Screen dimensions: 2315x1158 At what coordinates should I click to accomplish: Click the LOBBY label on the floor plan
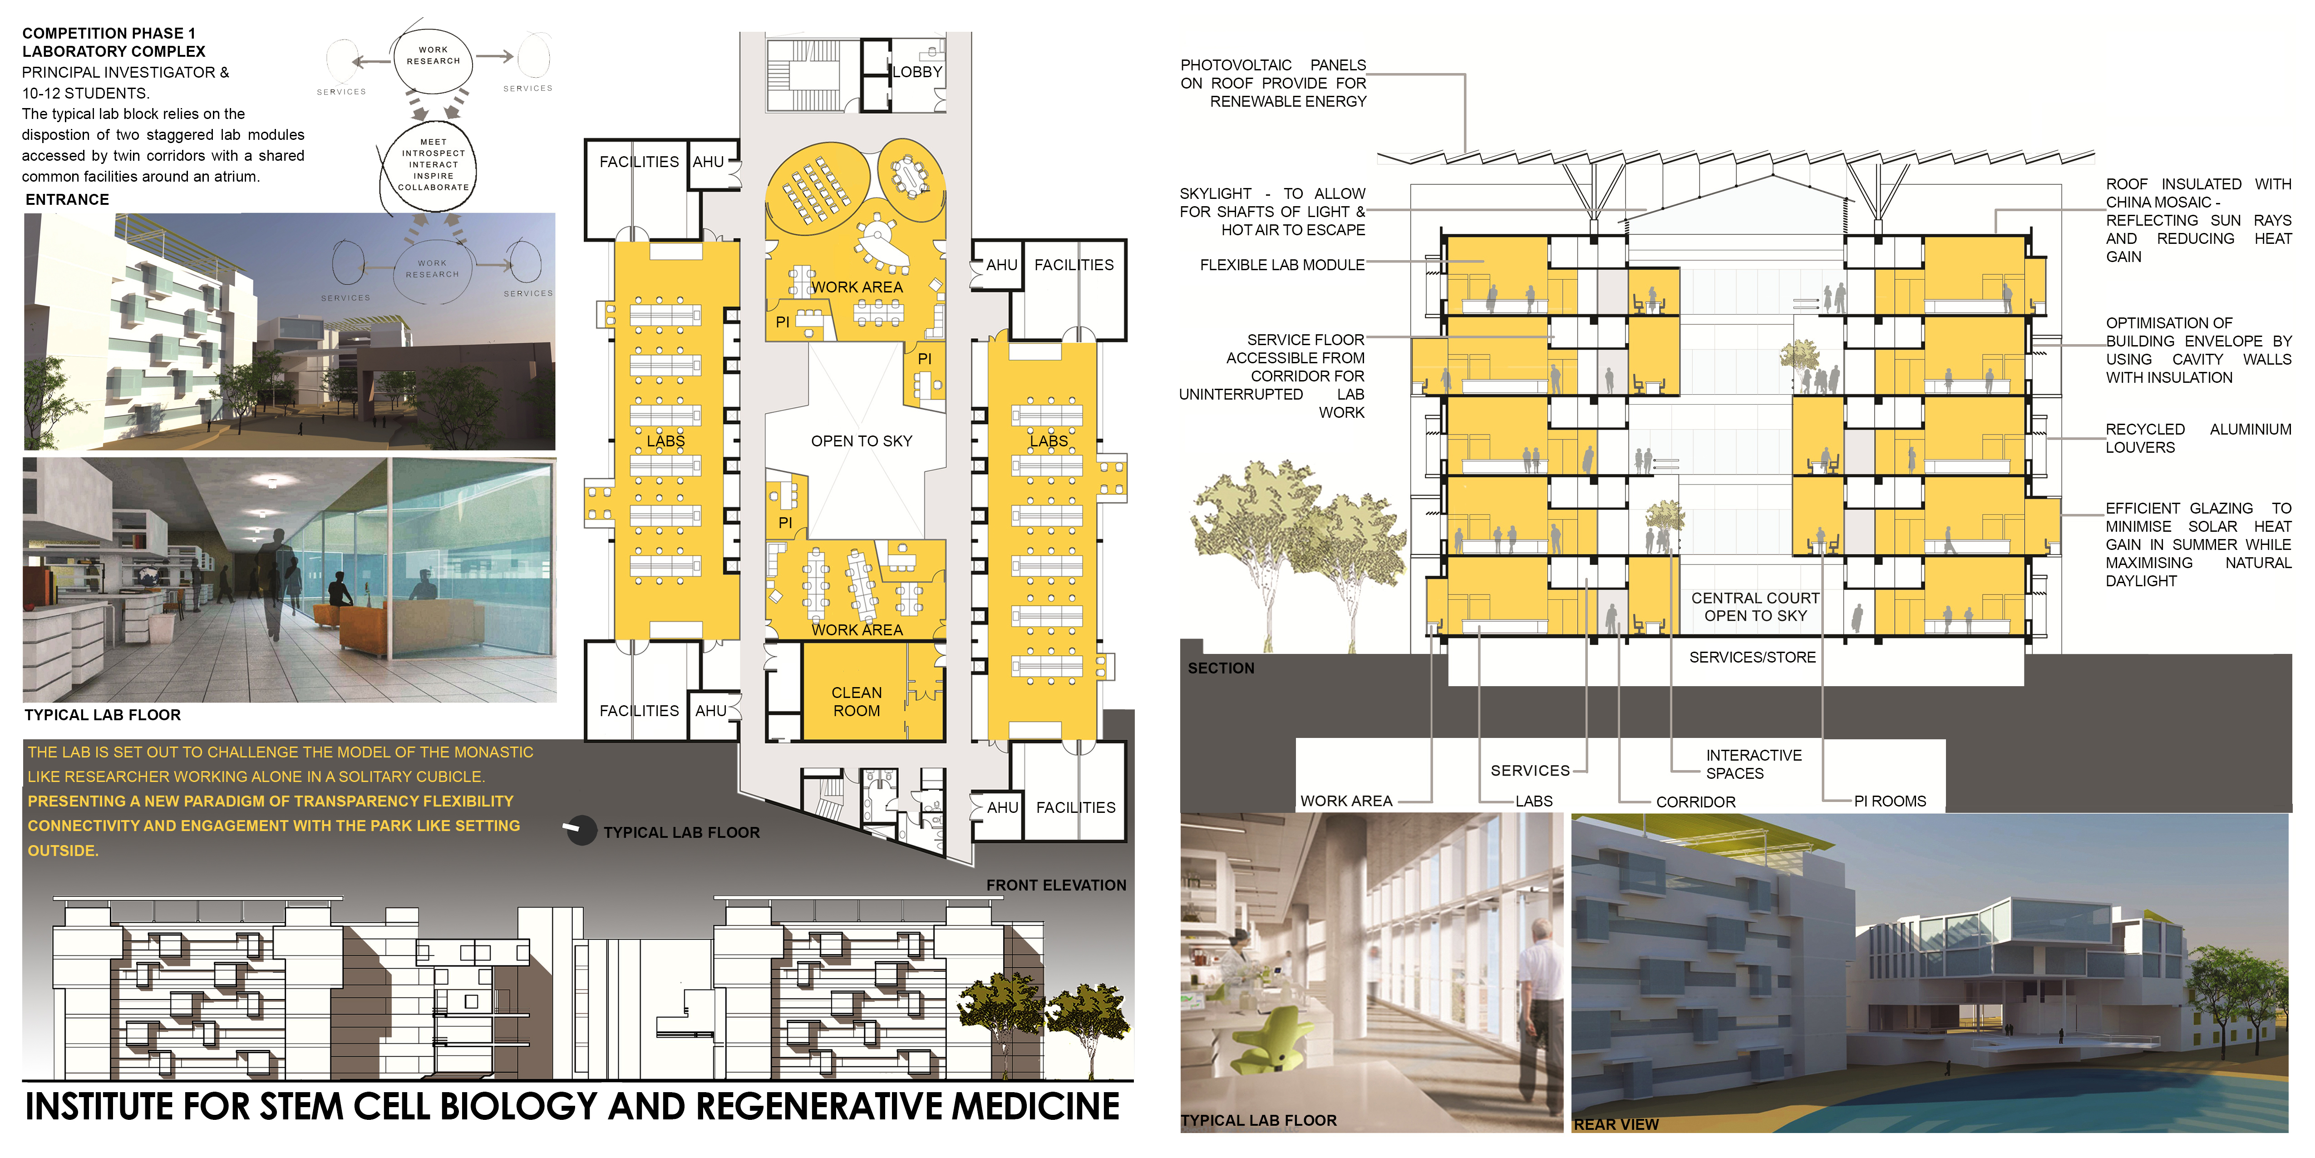coord(916,72)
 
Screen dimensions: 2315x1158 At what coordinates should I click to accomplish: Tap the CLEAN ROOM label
coord(857,701)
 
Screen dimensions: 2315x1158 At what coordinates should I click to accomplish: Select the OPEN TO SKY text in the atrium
coord(861,440)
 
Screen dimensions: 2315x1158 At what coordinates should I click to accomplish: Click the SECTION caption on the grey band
coord(1221,668)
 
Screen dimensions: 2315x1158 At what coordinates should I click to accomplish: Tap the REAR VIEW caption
coord(1616,1124)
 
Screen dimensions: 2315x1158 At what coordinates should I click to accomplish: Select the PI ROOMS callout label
coord(1890,801)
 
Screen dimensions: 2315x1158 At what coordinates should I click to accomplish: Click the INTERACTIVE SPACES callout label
coord(1753,764)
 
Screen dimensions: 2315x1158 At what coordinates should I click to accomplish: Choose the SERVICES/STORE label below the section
coord(1753,657)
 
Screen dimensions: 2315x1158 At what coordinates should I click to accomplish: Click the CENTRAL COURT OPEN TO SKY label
coord(1755,607)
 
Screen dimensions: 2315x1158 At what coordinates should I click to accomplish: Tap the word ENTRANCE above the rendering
coord(67,200)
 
